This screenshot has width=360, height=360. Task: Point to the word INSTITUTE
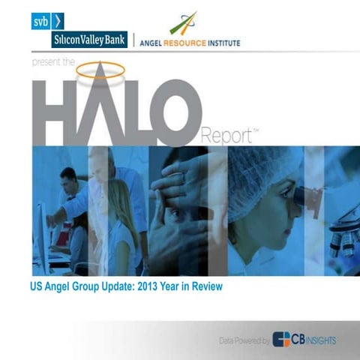tap(226, 43)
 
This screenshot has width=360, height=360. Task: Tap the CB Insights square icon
tap(283, 340)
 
